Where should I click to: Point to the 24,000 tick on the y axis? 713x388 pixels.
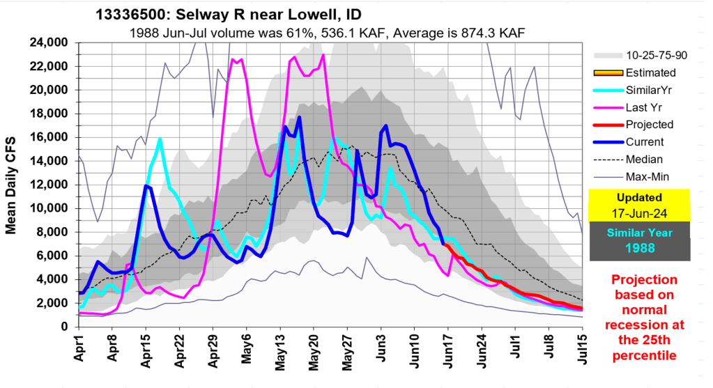[48, 42]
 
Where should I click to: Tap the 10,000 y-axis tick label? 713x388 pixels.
[48, 208]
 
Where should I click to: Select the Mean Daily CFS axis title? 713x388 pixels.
[12, 185]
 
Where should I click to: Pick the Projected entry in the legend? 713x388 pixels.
[650, 125]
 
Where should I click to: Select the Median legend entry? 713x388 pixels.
[646, 160]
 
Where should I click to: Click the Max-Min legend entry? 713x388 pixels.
[650, 177]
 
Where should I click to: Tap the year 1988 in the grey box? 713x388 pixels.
[640, 247]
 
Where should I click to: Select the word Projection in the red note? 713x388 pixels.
[644, 279]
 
